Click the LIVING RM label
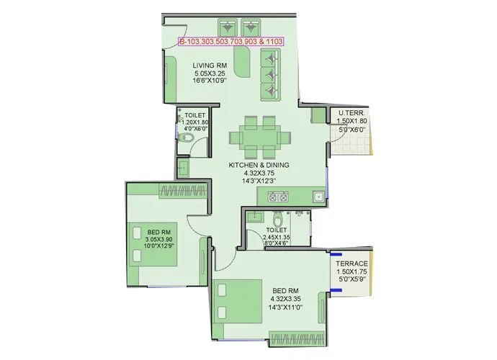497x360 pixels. click(x=210, y=66)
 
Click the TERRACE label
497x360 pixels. click(x=352, y=264)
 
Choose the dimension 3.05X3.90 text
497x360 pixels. click(x=159, y=239)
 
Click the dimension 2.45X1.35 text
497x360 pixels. click(x=277, y=237)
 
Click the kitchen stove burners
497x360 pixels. click(x=280, y=195)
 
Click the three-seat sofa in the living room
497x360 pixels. click(x=271, y=76)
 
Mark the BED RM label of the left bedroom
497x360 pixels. click(x=159, y=231)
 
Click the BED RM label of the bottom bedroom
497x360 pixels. click(x=284, y=289)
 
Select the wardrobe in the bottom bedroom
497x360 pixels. click(x=296, y=335)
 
